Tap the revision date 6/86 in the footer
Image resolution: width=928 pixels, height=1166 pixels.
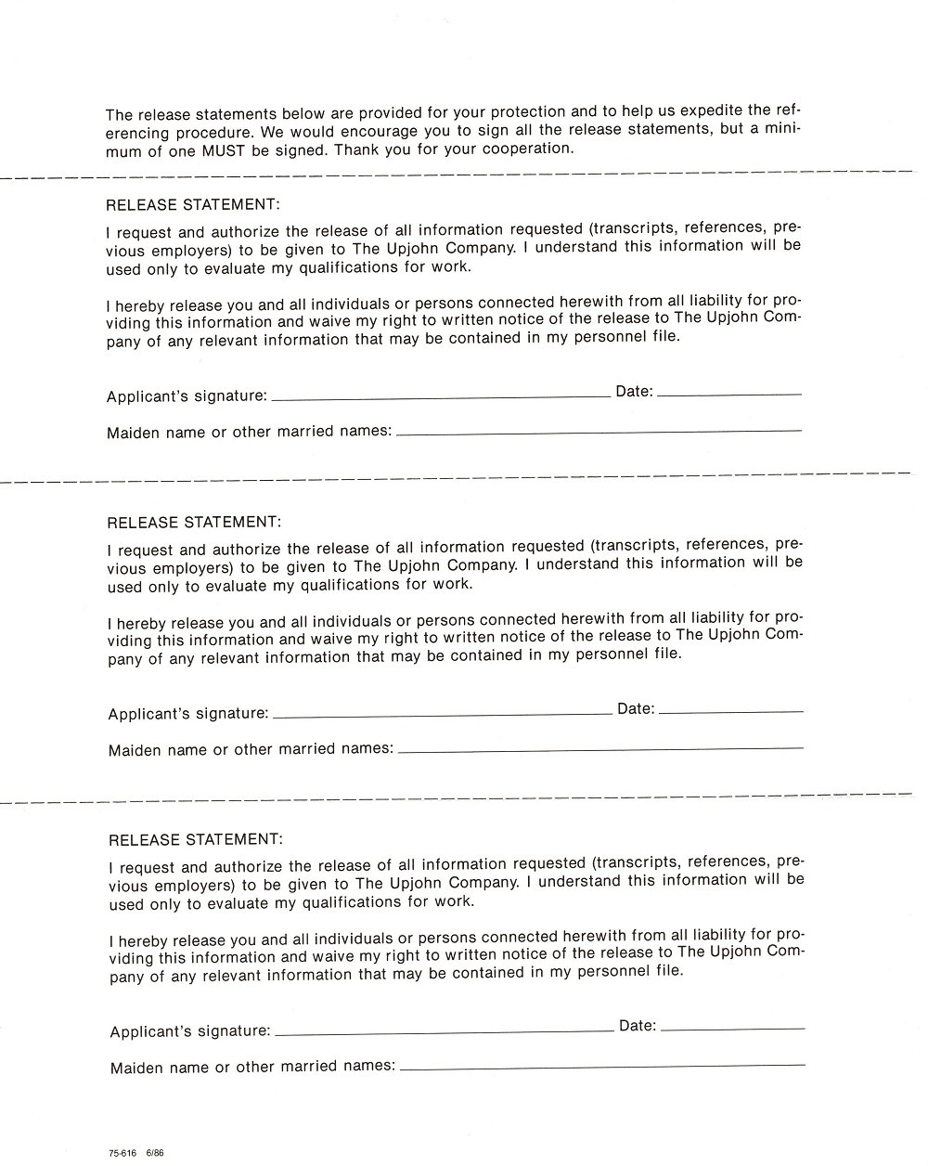(x=154, y=1153)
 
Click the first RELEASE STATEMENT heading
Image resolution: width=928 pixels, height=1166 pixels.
(x=193, y=205)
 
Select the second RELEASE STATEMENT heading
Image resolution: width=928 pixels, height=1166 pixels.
(x=194, y=523)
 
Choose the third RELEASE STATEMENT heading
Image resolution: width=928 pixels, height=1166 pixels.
(x=195, y=839)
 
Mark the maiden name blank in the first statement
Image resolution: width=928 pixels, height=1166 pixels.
(x=599, y=430)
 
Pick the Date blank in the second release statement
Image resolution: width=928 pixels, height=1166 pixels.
(x=730, y=710)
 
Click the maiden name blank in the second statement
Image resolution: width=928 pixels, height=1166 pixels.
(x=600, y=747)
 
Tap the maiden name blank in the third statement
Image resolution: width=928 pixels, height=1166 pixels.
(x=602, y=1065)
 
